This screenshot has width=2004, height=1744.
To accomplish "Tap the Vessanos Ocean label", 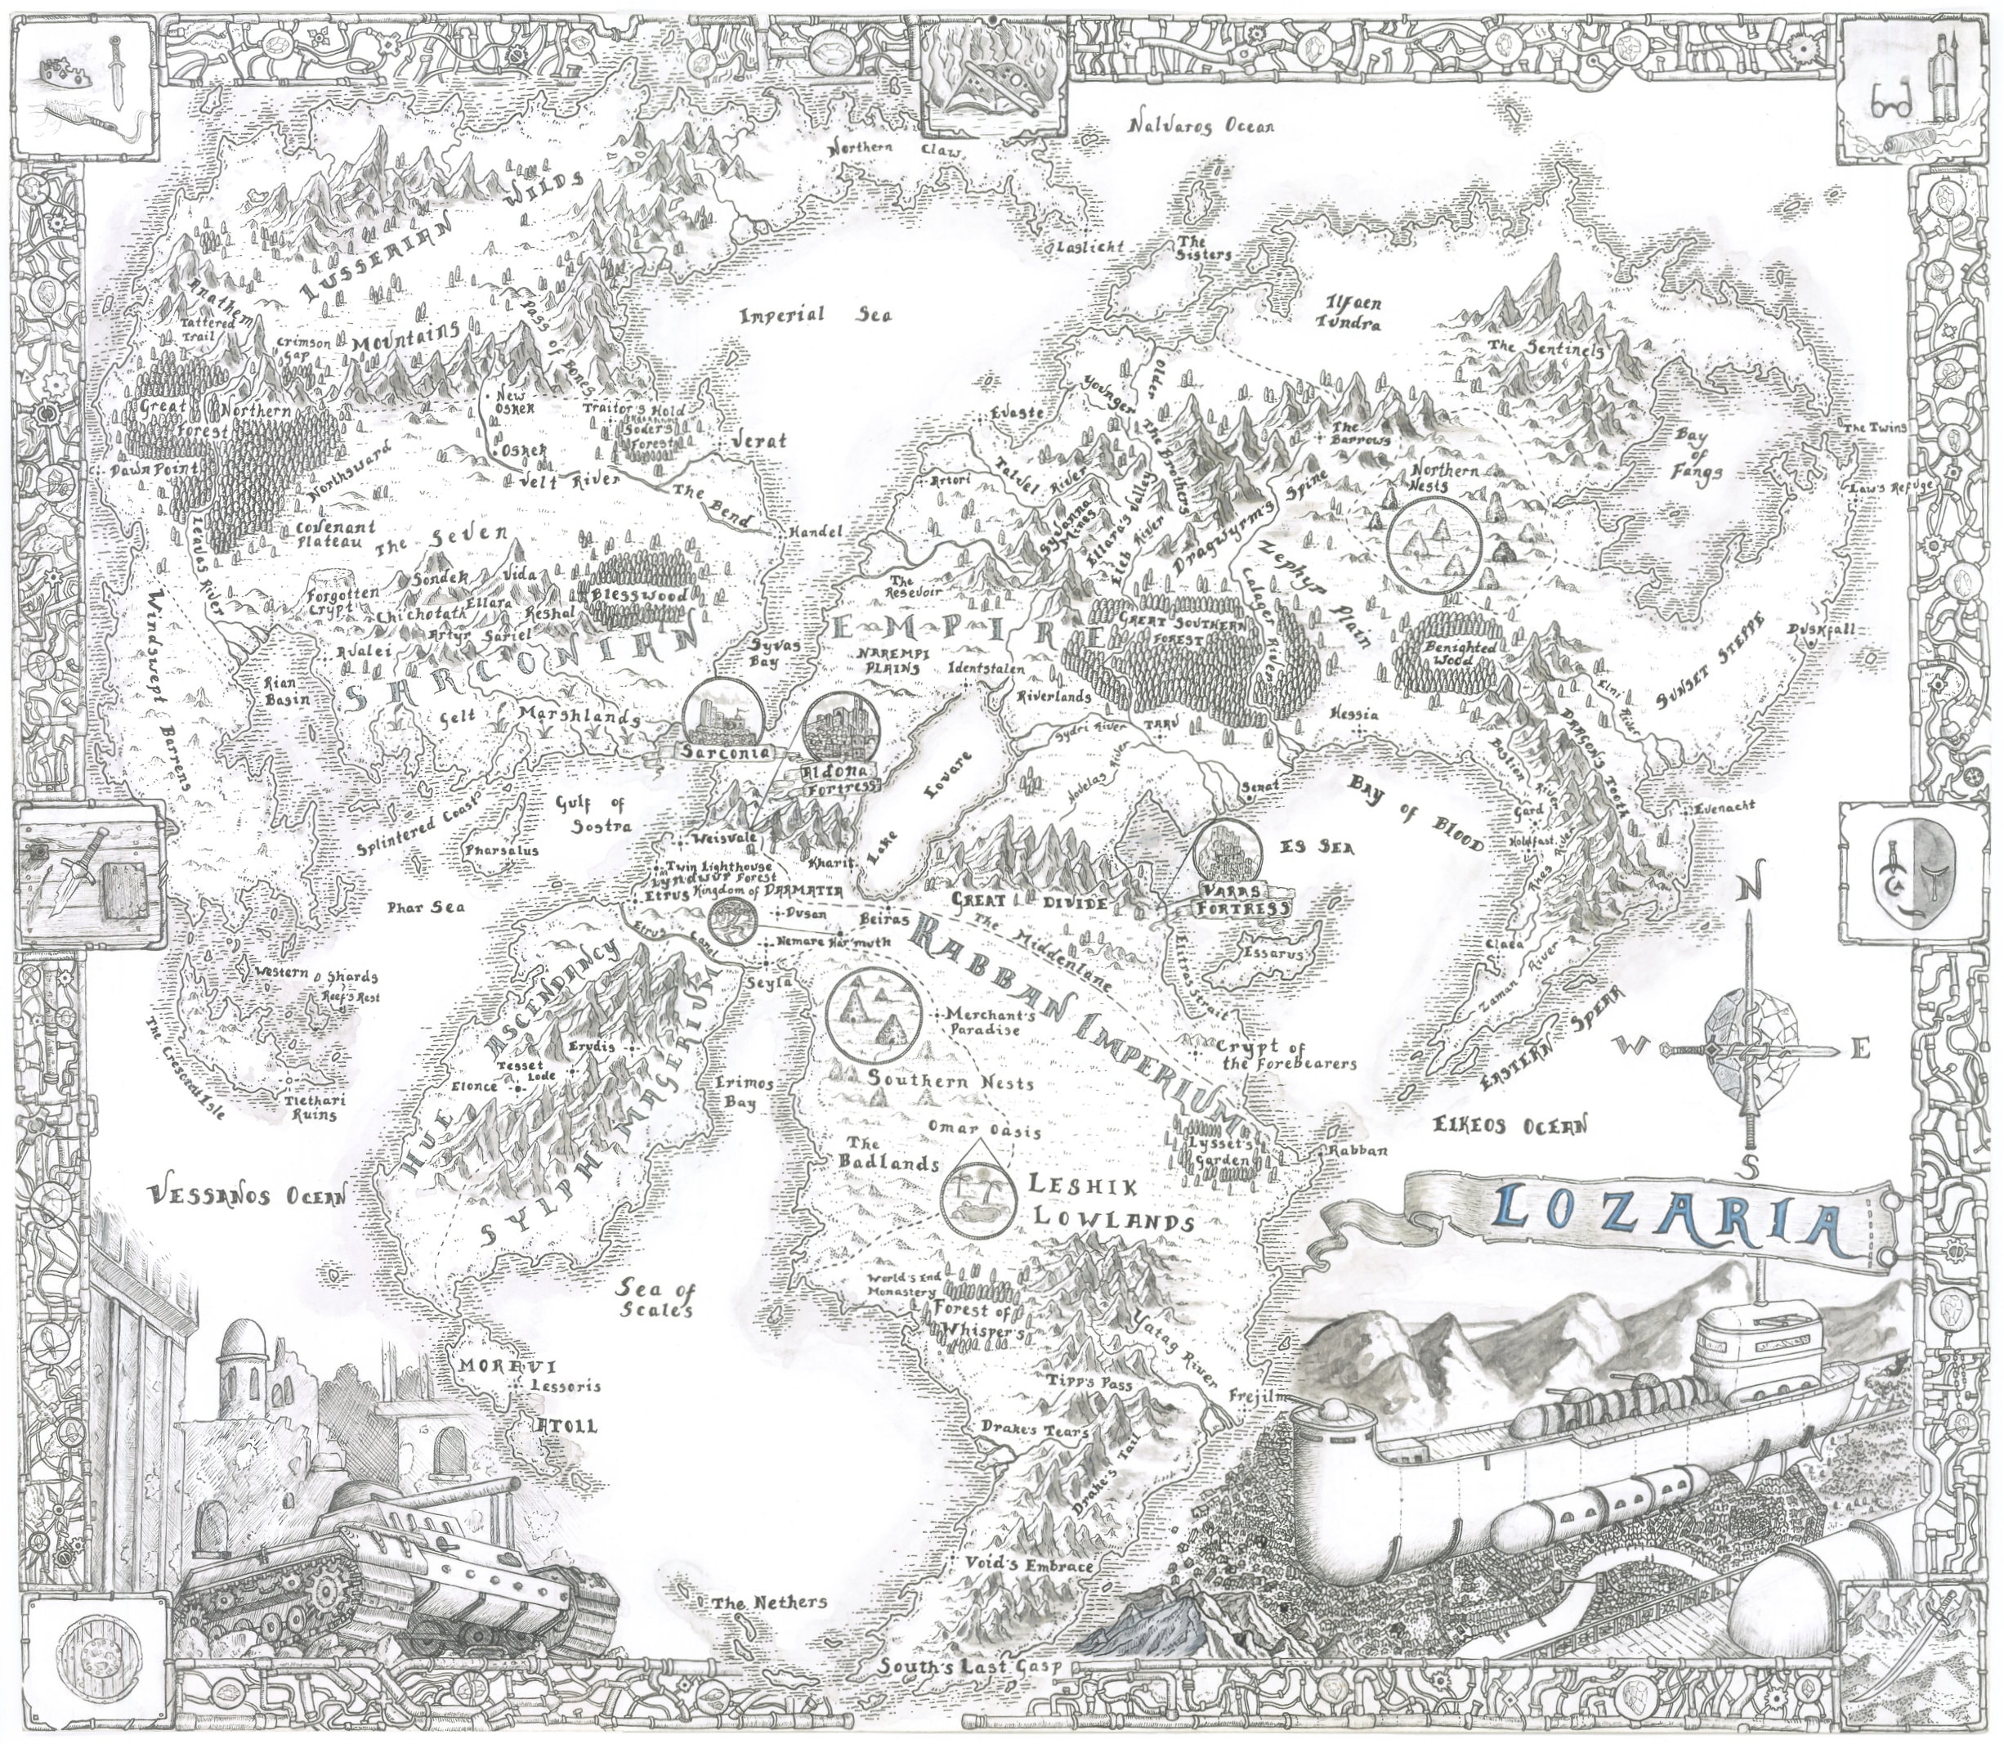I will click(x=247, y=1195).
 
